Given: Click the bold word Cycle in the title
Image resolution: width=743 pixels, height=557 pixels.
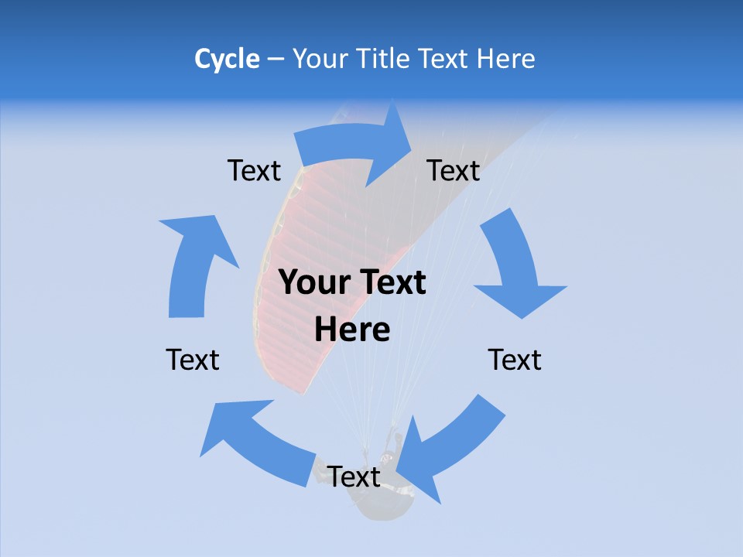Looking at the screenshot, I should [227, 59].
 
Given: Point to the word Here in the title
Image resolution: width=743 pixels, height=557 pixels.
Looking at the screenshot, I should [505, 59].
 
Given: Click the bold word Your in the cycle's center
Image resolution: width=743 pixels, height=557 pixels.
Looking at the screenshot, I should [312, 283].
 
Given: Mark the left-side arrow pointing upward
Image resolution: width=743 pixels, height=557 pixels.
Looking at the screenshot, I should [194, 263].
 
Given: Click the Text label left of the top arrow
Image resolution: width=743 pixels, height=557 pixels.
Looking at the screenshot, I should [254, 171].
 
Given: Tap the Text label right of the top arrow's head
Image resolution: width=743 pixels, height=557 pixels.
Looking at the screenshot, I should [454, 171].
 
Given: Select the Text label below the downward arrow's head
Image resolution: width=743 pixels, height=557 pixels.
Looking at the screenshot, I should [515, 361].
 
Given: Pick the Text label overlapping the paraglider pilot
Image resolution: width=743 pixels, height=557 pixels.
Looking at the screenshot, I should [354, 477].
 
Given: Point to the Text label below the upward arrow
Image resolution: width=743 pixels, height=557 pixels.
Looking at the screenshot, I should [193, 361].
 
